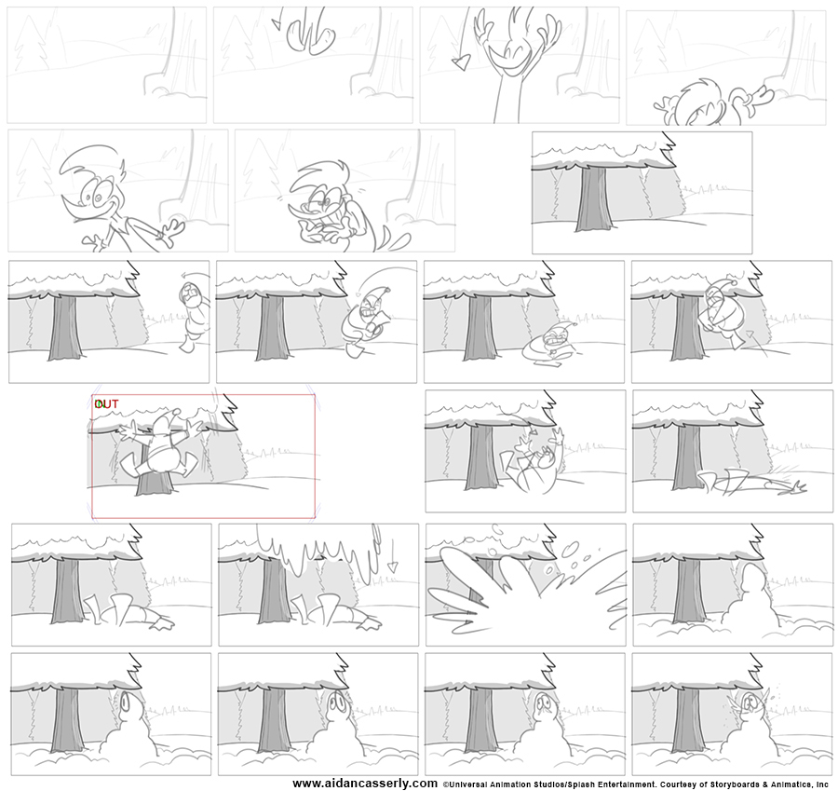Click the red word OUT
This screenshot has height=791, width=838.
[106, 404]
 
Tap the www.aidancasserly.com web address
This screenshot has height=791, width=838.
[365, 784]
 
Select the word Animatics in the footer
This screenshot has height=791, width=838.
[784, 784]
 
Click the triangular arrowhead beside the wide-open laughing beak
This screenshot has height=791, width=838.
[460, 64]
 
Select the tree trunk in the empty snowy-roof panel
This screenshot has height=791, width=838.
[594, 198]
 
